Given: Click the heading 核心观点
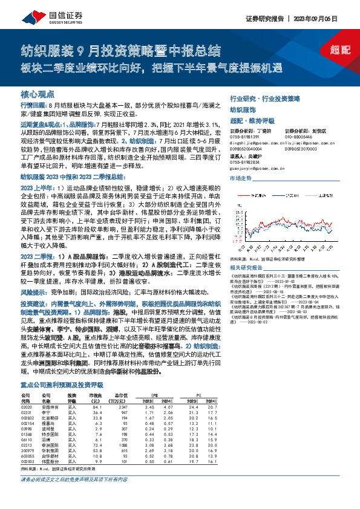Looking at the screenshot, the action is coord(38,96).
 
